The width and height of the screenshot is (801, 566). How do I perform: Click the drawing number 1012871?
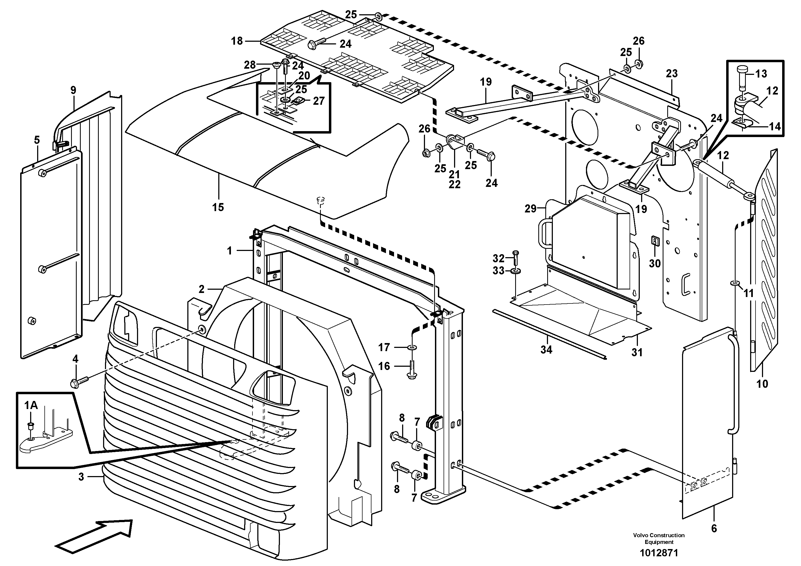(x=659, y=553)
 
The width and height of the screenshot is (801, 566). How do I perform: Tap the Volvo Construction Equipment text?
(x=659, y=539)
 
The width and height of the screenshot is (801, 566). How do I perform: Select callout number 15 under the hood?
(x=218, y=207)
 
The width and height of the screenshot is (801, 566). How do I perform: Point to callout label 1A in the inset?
(x=31, y=405)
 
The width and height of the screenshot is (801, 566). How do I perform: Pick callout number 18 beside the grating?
(x=237, y=41)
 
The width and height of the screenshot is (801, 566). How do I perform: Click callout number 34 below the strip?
(x=546, y=349)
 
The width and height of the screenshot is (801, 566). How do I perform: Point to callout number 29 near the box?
(x=530, y=209)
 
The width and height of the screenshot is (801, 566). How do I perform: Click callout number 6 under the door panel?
(x=714, y=529)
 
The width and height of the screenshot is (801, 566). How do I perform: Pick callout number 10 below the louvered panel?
(x=762, y=384)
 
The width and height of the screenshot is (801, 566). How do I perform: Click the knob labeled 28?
(x=276, y=65)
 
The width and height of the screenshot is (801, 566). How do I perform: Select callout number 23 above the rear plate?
(x=672, y=74)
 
